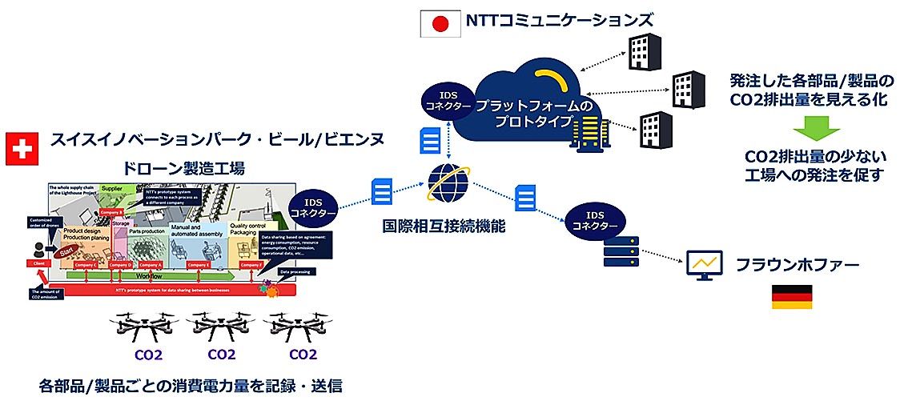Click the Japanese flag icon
click(438, 24)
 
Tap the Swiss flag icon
click(20, 150)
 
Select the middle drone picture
click(221, 327)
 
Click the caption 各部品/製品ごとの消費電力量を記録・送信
click(191, 387)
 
